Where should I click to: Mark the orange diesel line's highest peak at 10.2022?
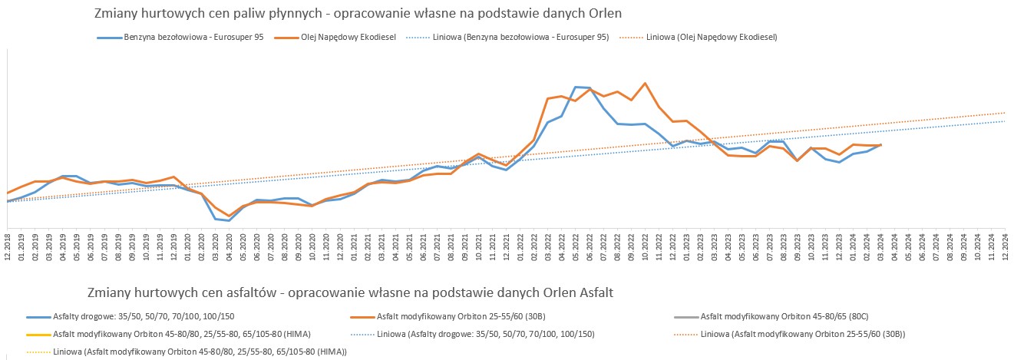[645, 83]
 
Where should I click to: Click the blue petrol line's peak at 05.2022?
[576, 87]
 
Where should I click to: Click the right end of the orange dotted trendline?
[1005, 112]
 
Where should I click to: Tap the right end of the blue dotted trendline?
[1005, 121]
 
